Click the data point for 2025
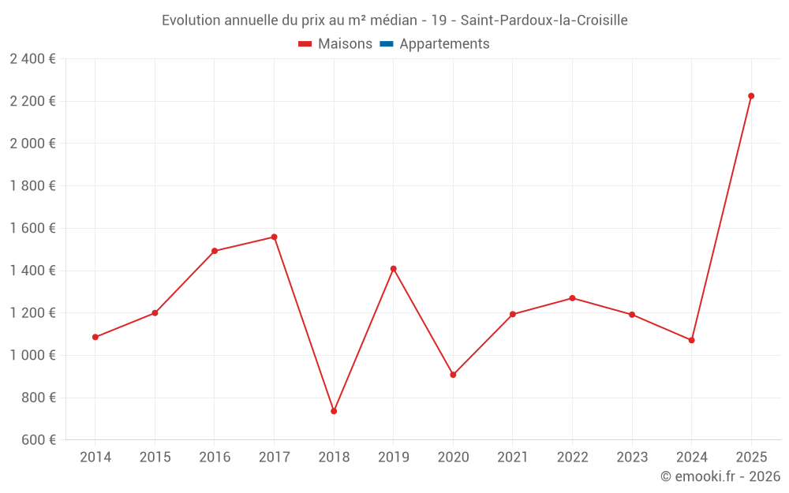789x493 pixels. [751, 96]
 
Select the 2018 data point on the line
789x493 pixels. [334, 411]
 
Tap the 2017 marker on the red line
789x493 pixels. [274, 237]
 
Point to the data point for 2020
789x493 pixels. [453, 375]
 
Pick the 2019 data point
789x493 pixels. [393, 269]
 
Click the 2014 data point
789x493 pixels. [95, 337]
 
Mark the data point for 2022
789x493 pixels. [572, 298]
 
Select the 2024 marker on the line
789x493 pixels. [691, 340]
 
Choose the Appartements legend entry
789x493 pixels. [444, 44]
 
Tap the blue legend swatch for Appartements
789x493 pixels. [386, 44]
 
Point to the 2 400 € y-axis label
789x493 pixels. [32, 59]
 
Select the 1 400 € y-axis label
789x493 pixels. [32, 271]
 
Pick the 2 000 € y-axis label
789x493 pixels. [32, 144]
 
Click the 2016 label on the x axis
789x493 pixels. [215, 458]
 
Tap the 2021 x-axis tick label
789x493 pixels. [513, 458]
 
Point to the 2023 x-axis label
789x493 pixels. [632, 458]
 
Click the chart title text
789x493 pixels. [394, 21]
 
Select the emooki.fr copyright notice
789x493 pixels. [720, 476]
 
